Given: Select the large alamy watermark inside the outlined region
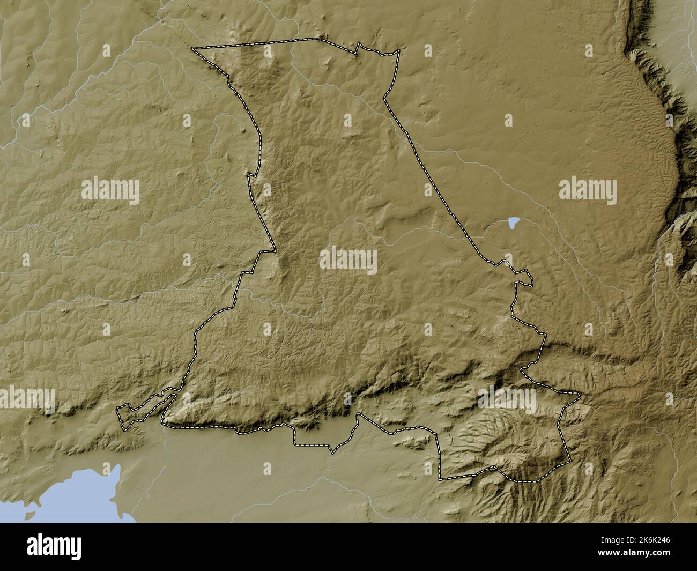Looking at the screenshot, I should (x=348, y=260).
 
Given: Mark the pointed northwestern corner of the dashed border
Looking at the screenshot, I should (x=193, y=49).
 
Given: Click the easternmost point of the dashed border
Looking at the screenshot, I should (x=580, y=396).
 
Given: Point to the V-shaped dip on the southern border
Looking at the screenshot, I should (x=333, y=453).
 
